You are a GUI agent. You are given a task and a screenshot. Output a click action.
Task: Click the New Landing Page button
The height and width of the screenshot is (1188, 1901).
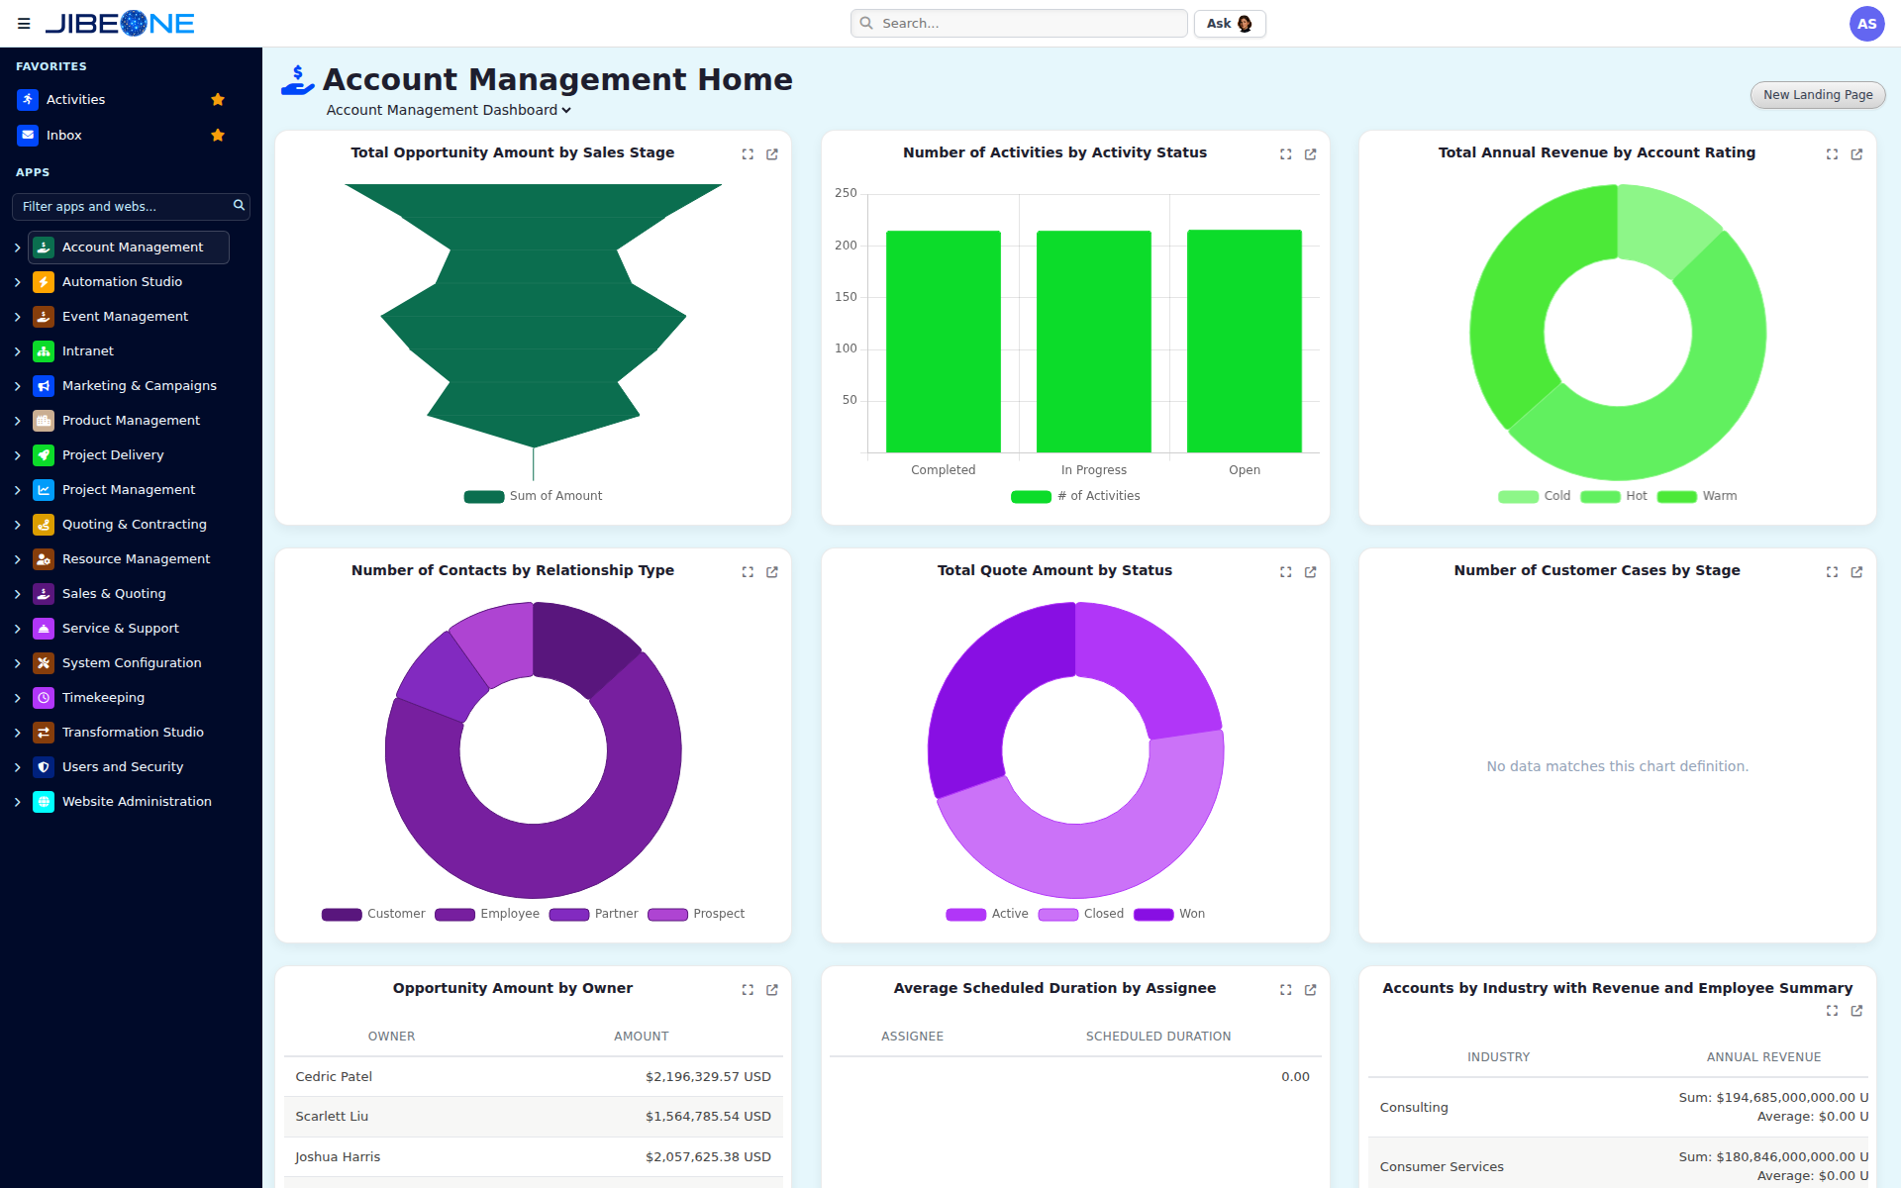pyautogui.click(x=1818, y=95)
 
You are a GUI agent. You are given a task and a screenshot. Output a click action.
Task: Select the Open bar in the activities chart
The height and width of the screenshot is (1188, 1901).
pyautogui.click(x=1245, y=342)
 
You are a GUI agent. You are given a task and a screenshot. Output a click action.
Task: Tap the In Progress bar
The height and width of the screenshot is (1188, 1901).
pyautogui.click(x=1094, y=342)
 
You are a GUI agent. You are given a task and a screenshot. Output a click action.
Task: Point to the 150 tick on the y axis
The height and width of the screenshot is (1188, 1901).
pyautogui.click(x=846, y=297)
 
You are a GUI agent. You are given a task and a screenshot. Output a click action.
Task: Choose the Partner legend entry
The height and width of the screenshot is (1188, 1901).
pyautogui.click(x=593, y=914)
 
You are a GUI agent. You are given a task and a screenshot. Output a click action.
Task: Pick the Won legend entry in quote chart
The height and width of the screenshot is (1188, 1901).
pyautogui.click(x=1169, y=914)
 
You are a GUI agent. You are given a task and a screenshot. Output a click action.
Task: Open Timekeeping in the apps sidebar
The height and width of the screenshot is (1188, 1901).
pyautogui.click(x=103, y=698)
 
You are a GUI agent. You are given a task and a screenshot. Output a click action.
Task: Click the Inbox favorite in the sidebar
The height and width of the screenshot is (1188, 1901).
pyautogui.click(x=63, y=136)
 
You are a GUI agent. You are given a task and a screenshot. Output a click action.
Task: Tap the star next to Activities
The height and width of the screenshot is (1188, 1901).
pyautogui.click(x=218, y=100)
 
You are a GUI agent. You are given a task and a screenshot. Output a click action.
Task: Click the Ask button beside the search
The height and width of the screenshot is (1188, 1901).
pyautogui.click(x=1230, y=24)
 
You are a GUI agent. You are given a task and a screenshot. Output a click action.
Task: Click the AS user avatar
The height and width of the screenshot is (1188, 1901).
pyautogui.click(x=1866, y=24)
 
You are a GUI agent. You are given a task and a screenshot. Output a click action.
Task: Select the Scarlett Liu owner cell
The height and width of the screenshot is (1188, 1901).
pyautogui.click(x=332, y=1117)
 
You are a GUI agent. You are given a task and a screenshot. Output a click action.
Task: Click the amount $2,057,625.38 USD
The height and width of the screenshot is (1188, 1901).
pyautogui.click(x=708, y=1157)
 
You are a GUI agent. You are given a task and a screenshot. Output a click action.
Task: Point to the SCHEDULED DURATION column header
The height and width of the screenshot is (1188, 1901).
pyautogui.click(x=1158, y=1037)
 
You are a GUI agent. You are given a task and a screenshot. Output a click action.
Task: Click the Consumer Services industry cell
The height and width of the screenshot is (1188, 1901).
pyautogui.click(x=1442, y=1167)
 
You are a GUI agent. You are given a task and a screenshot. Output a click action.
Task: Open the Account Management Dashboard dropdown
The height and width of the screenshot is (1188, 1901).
pyautogui.click(x=449, y=110)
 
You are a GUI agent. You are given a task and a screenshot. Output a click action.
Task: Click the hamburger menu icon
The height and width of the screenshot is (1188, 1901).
pyautogui.click(x=24, y=24)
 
